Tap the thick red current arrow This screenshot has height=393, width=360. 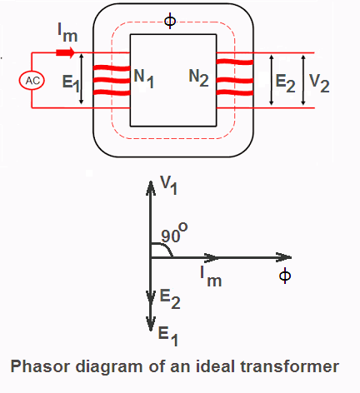point(66,52)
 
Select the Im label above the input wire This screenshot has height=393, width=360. point(67,32)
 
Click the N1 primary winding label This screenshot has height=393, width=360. point(144,78)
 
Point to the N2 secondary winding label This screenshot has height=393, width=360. point(198,77)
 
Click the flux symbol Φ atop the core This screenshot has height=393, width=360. point(170,21)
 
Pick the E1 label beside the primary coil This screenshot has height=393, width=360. point(71,82)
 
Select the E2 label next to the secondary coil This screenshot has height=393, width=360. point(285,83)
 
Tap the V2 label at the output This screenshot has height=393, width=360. point(319,83)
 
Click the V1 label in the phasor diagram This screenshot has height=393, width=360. point(168,186)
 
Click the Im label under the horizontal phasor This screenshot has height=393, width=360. point(211,276)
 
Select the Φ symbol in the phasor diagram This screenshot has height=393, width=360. point(285,276)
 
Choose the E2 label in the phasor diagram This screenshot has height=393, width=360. point(170,299)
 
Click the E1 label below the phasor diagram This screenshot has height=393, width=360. point(168,336)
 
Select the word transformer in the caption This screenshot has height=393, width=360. point(290,366)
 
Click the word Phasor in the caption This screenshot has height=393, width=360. point(40,366)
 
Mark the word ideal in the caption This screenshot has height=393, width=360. point(215,366)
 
